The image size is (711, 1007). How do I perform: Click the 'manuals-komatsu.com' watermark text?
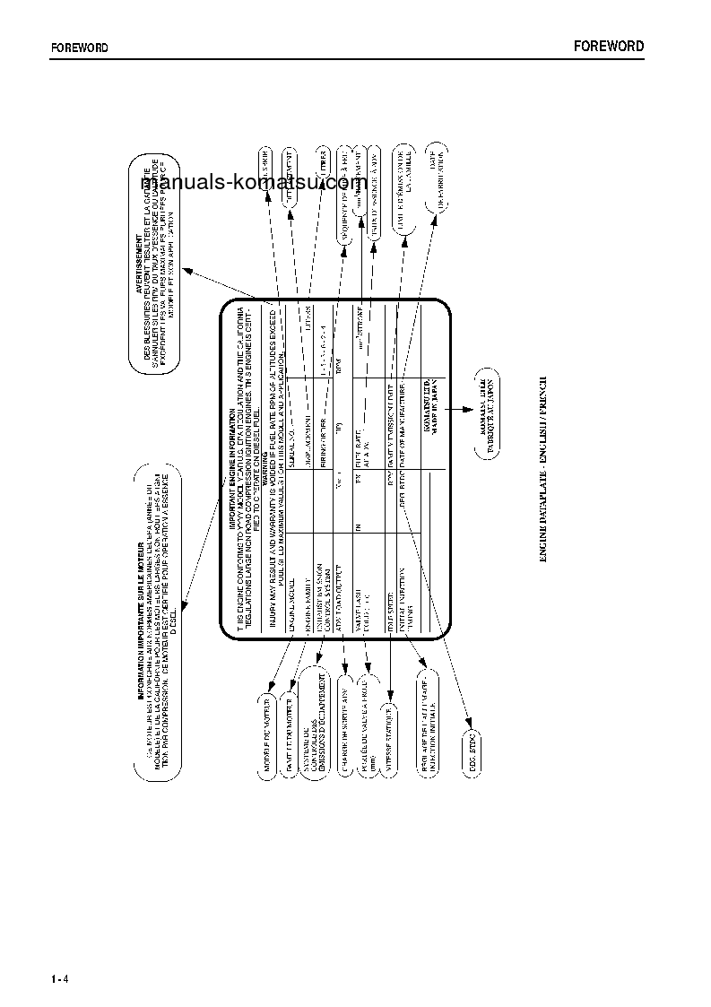pos(247,183)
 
